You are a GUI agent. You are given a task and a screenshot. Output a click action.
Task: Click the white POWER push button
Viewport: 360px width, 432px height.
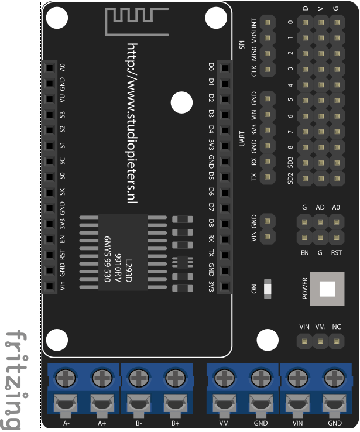[327, 289]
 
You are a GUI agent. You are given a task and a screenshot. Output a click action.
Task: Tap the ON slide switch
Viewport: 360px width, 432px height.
[269, 289]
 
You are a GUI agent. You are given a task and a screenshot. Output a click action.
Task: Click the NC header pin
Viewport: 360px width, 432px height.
[336, 340]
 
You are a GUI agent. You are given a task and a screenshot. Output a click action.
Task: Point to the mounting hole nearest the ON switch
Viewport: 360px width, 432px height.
[268, 341]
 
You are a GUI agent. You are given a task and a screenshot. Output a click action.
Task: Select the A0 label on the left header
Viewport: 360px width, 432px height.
[62, 67]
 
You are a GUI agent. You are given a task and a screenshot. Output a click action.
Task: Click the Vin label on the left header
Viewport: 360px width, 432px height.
[62, 287]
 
